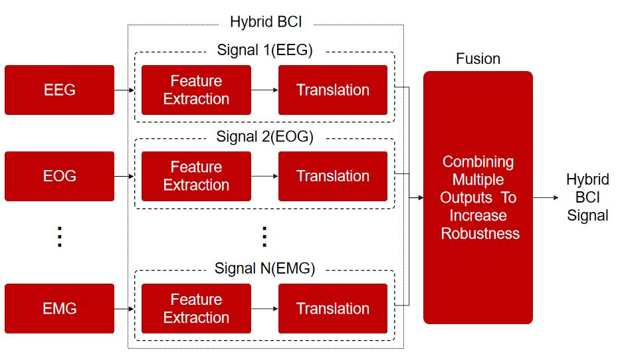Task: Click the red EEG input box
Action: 60,90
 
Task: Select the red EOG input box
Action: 60,176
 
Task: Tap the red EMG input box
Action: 60,308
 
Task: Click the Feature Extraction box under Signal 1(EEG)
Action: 196,90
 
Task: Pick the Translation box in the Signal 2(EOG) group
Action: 333,176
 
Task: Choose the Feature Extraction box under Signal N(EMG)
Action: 196,308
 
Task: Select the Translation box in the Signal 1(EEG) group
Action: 333,90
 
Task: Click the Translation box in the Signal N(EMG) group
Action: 333,308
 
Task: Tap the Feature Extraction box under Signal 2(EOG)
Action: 196,176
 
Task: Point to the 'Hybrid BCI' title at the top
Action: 266,22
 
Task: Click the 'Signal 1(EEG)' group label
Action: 265,50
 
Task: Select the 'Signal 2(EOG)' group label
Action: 265,137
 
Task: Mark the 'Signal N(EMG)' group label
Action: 265,268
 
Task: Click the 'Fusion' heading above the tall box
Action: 478,58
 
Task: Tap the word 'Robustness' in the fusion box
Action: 480,234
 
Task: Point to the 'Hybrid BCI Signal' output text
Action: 587,197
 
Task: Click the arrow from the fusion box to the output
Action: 546,197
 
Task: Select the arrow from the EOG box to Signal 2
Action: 124,176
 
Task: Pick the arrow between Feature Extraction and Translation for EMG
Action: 264,308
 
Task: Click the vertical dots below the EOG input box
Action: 60,236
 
